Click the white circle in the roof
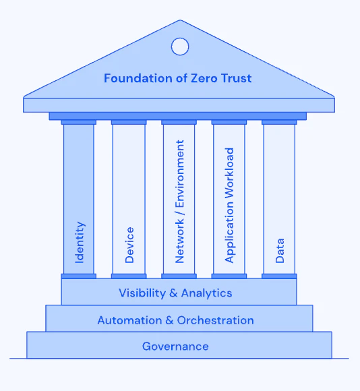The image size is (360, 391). coord(180,47)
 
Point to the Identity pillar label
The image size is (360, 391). coord(80,242)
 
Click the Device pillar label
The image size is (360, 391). coord(129,245)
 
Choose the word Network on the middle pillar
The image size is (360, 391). coord(179,241)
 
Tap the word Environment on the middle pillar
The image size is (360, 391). coord(179,173)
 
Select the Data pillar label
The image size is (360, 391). coord(280,251)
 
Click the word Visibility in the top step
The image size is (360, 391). coord(142,293)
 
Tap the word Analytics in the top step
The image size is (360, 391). coord(207,293)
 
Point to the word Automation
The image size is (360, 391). coord(129,320)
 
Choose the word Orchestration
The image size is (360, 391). coord(216,320)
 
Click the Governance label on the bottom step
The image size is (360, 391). coord(175,347)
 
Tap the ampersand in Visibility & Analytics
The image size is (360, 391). coord(173,293)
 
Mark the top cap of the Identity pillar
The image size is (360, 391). coord(78,122)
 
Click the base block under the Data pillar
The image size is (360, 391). coord(279,276)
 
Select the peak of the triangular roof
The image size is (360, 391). coord(180,20)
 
